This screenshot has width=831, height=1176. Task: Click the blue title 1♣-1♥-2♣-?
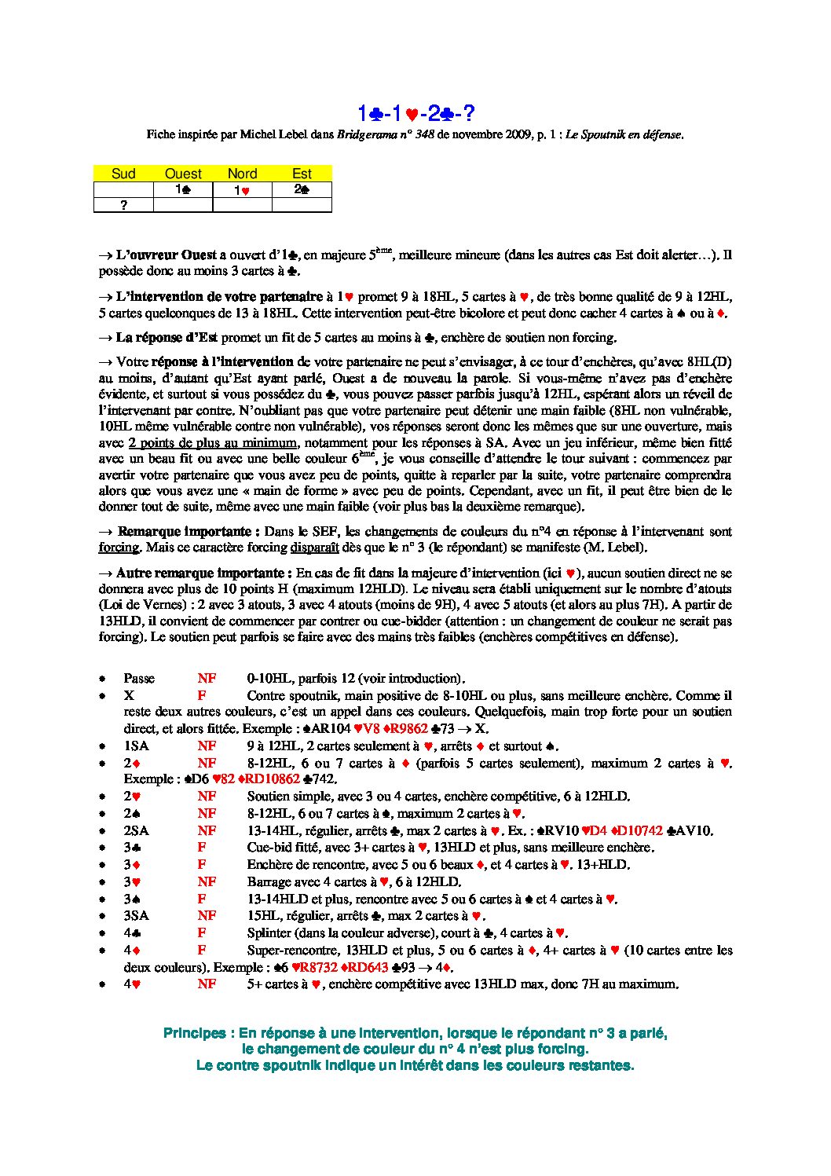tap(415, 114)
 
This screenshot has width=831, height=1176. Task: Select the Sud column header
tap(123, 174)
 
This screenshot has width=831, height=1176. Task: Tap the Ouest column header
tap(183, 174)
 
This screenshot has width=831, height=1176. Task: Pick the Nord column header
tap(242, 174)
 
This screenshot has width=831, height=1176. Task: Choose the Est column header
tap(302, 174)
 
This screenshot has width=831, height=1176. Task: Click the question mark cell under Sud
tap(123, 205)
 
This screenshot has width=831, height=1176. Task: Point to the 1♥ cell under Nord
tap(242, 190)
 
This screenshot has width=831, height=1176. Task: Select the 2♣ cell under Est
tap(302, 189)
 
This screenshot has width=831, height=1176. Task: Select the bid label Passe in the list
tap(139, 679)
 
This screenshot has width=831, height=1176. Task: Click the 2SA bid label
tap(136, 831)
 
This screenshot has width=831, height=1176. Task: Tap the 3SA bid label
tap(136, 916)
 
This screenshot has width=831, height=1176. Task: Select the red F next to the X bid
tap(202, 696)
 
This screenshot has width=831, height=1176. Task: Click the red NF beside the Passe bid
tap(207, 679)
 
